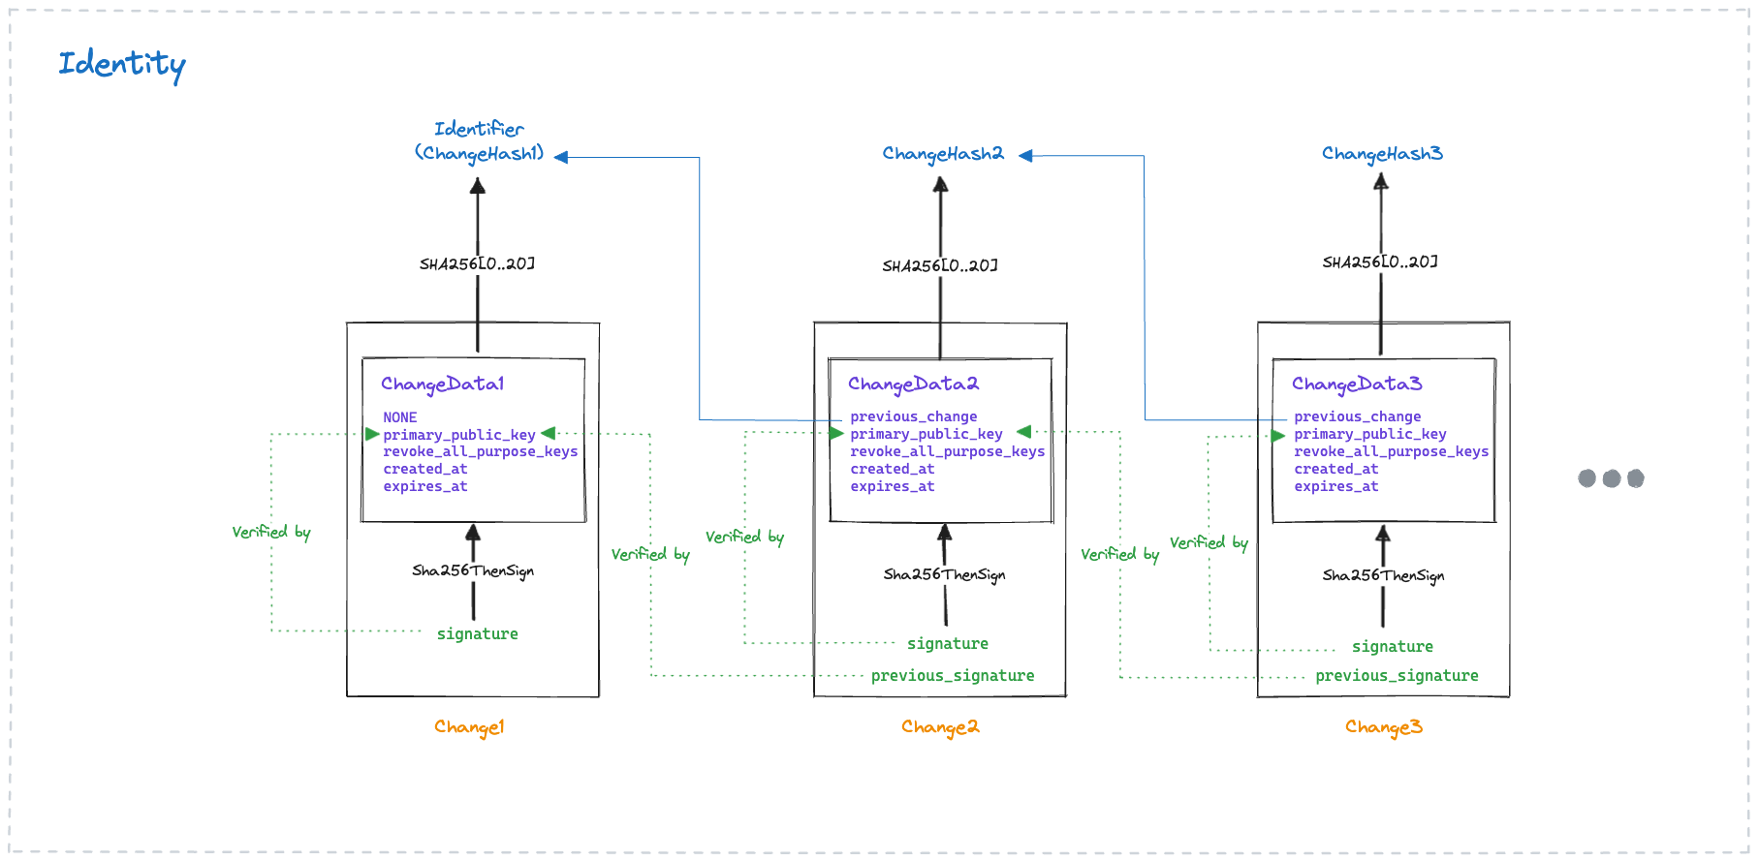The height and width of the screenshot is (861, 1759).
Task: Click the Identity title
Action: pyautogui.click(x=121, y=64)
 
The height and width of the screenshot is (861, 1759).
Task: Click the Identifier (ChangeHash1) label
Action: pyautogui.click(x=479, y=141)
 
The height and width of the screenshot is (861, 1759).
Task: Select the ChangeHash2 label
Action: pyautogui.click(x=942, y=154)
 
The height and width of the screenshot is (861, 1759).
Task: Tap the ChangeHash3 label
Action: pyautogui.click(x=1382, y=154)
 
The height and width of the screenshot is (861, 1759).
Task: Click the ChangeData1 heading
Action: pyautogui.click(x=442, y=384)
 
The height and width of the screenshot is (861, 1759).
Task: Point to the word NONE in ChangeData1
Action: pyautogui.click(x=399, y=417)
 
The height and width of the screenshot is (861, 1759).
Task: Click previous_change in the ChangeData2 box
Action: pyautogui.click(x=913, y=416)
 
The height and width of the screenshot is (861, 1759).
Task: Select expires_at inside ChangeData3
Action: pyautogui.click(x=1335, y=486)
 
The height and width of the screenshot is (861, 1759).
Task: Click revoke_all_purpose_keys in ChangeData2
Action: pyautogui.click(x=947, y=451)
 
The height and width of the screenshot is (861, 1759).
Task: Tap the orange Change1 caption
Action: pyautogui.click(x=469, y=727)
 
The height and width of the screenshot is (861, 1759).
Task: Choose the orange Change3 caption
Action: pyautogui.click(x=1383, y=727)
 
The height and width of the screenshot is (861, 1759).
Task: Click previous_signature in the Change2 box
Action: pyautogui.click(x=952, y=676)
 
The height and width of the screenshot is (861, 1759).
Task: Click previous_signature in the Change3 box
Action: pyautogui.click(x=1397, y=676)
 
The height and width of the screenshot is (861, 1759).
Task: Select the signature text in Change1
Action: pyautogui.click(x=477, y=634)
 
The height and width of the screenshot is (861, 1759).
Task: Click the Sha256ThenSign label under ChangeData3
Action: pyautogui.click(x=1383, y=575)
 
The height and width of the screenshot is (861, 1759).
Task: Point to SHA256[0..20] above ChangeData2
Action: pyautogui.click(x=939, y=265)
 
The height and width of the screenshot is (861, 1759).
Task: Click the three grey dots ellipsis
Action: pyautogui.click(x=1611, y=478)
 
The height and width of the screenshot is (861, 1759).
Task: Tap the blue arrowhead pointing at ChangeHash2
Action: pyautogui.click(x=1025, y=156)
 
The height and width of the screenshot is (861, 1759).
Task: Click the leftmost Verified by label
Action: pyautogui.click(x=271, y=532)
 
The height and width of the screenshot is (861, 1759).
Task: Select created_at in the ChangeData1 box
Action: pyautogui.click(x=424, y=469)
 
